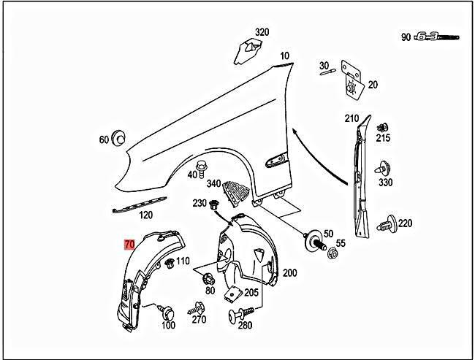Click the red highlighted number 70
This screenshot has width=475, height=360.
pos(129,246)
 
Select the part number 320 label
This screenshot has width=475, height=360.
pos(262,32)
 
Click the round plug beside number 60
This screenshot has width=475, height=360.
pos(119,138)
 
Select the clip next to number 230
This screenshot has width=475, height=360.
pos(215,204)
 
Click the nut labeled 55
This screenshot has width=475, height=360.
pos(332,254)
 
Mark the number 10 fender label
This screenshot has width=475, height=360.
pos(284,55)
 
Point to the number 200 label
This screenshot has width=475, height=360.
pos(290,272)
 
